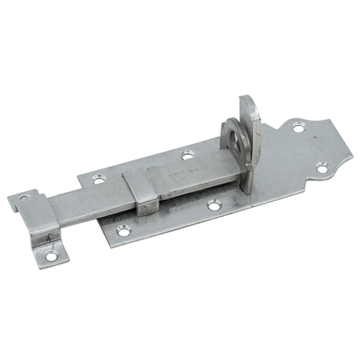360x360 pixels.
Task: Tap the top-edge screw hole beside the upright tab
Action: (x=186, y=157)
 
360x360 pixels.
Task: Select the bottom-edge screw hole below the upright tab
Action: (x=212, y=207)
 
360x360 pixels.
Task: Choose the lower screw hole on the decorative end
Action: (x=323, y=164)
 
